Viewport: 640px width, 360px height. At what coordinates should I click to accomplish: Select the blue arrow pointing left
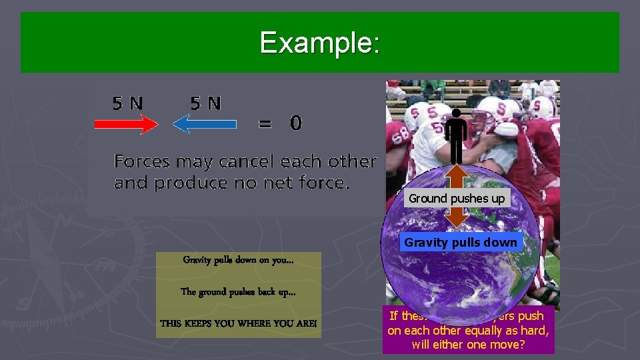point(205,124)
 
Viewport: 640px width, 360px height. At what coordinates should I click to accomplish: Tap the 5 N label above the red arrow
point(127,103)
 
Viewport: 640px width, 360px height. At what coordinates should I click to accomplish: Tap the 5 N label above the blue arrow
point(206,103)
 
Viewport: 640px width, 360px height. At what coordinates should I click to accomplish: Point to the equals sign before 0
point(265,124)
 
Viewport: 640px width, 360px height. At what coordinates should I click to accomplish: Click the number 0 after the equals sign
point(295,123)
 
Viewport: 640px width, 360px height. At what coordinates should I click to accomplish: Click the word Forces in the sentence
point(142,161)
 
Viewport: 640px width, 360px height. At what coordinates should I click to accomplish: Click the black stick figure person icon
point(456,137)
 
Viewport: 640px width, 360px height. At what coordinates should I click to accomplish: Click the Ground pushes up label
point(457,199)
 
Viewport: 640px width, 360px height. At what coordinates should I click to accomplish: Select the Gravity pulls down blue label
point(461,243)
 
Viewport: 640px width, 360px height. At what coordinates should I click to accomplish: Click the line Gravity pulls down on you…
point(238,261)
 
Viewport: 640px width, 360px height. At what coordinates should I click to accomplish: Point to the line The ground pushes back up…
point(238,292)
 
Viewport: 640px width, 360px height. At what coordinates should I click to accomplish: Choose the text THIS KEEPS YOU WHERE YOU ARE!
point(238,323)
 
